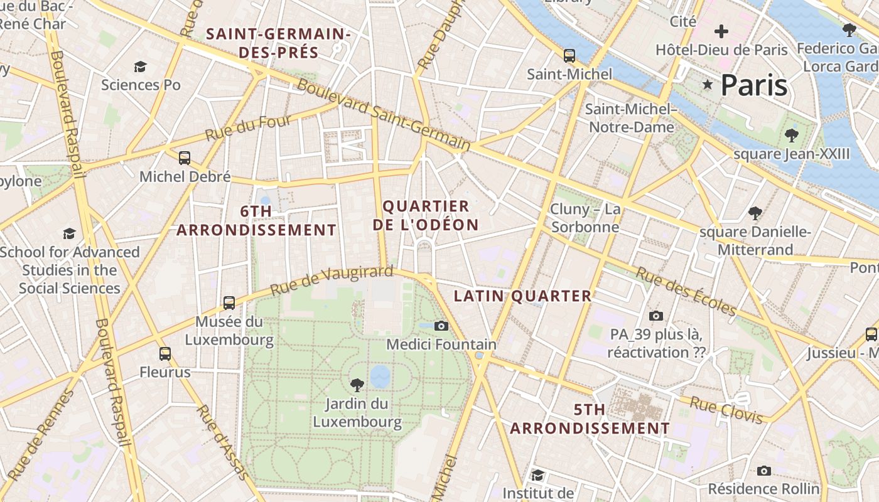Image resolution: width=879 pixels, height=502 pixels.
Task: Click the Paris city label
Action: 753,85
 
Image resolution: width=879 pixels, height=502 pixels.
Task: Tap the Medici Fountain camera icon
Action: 441,326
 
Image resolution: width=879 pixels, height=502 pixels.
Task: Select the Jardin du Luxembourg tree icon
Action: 357,384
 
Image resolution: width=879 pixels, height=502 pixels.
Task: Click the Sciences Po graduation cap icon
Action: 140,67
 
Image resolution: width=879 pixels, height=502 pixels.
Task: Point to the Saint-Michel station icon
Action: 569,55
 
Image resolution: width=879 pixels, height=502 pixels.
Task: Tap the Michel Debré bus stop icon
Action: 185,158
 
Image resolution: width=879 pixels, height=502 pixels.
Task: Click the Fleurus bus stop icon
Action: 164,354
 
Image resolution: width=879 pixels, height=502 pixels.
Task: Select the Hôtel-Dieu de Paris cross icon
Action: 721,31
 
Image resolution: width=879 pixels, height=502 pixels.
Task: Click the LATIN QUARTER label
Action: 522,296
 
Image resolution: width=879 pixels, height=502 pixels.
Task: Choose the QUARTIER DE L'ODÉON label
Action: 426,215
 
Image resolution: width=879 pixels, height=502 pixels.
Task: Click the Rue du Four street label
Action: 248,128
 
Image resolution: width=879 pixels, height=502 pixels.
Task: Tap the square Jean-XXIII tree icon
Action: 791,135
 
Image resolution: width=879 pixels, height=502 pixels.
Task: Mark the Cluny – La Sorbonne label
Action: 585,218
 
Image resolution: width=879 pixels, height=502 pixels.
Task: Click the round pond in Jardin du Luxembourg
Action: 380,376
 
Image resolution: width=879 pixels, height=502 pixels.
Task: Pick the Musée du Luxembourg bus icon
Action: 229,303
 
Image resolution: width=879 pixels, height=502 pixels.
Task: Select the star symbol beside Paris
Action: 708,85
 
